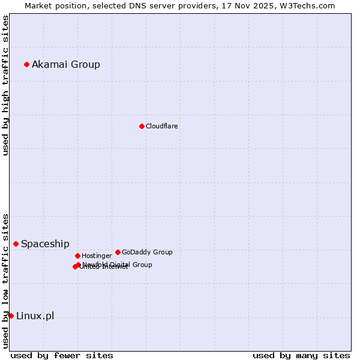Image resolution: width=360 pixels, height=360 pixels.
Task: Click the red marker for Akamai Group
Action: coord(26,64)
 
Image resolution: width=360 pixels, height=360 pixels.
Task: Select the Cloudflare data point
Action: coord(142,126)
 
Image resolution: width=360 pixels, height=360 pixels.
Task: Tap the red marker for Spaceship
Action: coord(16,244)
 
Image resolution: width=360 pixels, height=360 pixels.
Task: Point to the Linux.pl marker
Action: coord(11,316)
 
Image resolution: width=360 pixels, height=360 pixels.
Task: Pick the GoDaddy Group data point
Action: coord(118,252)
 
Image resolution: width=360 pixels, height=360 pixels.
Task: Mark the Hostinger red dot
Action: coord(77,256)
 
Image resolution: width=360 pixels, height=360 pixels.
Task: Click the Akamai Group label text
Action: coord(66,64)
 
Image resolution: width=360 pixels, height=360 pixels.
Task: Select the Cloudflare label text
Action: coord(161,126)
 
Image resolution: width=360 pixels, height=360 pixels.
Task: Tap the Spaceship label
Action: coord(45,244)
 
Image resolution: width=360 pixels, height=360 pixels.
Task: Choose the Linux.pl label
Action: coord(35,316)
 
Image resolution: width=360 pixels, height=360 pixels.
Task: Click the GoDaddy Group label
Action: coord(147,252)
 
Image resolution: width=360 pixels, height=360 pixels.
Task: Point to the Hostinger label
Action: coord(97,256)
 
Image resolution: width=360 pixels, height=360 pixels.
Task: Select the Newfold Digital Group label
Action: coord(118,264)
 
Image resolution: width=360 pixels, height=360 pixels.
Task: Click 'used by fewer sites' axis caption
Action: coord(62,355)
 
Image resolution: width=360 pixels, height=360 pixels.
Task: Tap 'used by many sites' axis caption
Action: coord(301,355)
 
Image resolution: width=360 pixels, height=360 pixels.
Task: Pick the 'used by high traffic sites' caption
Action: coord(6,85)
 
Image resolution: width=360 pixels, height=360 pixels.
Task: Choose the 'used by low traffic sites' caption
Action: coord(6,281)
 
